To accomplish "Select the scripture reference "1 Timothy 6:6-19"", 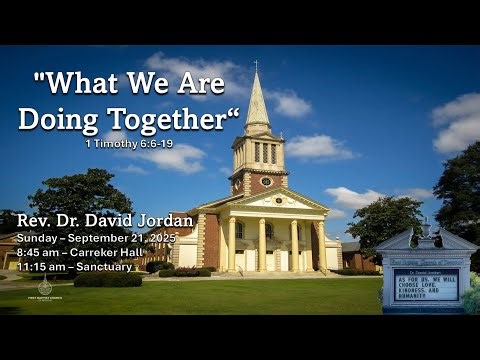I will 130,143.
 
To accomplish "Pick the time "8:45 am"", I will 40,253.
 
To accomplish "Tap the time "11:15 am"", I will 43,267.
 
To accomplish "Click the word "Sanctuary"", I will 105,267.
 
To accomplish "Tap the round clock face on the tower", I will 266,181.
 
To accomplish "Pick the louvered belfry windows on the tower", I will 263,152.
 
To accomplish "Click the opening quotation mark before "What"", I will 40,78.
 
